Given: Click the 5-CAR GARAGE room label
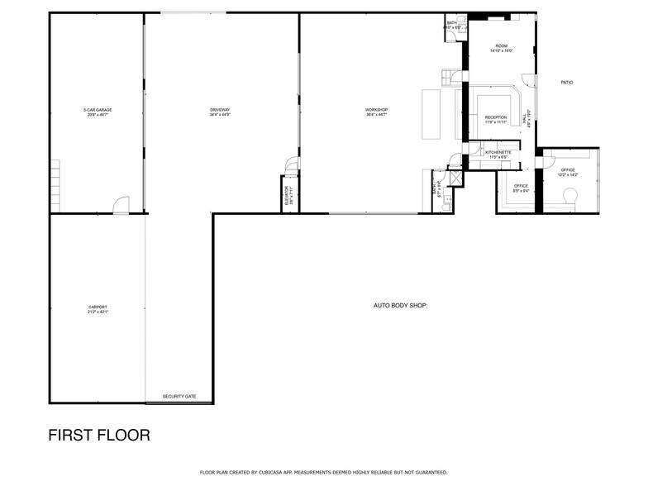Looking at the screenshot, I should pos(98,112).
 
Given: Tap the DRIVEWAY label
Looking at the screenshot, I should pos(219,112).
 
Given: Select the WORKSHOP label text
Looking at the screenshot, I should pos(376,112).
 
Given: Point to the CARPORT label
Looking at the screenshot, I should pos(98,309).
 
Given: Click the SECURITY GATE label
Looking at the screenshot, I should pos(179,397).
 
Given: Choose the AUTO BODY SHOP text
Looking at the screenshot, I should pos(400,305).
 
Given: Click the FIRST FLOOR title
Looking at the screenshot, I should pos(99,435).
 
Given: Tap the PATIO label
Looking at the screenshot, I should pos(566,83).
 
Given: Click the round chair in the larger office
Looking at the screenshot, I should pos(569,196).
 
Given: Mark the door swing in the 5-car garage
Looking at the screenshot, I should pos(121,205).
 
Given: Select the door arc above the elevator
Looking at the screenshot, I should pos(290,165).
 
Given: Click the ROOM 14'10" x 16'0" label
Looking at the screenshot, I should pos(502,48).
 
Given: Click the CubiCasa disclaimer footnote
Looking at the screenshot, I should pos(323,472).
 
